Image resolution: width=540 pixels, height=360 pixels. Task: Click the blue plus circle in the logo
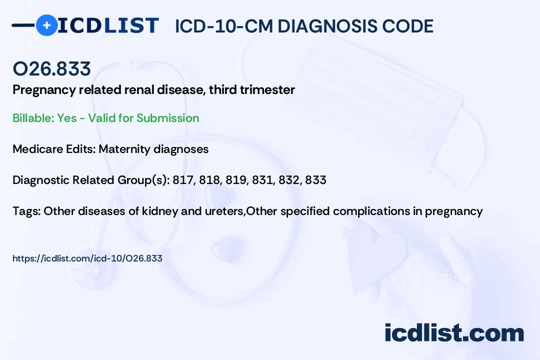[46, 25]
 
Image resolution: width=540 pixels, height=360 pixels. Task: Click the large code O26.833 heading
[51, 68]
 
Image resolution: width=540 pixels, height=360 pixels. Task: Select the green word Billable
[33, 118]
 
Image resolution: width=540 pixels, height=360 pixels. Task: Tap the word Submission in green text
[167, 118]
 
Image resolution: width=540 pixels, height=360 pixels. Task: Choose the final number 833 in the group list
[315, 180]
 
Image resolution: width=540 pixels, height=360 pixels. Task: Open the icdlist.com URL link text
[87, 258]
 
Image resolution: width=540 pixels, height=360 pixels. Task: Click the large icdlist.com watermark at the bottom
[454, 332]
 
